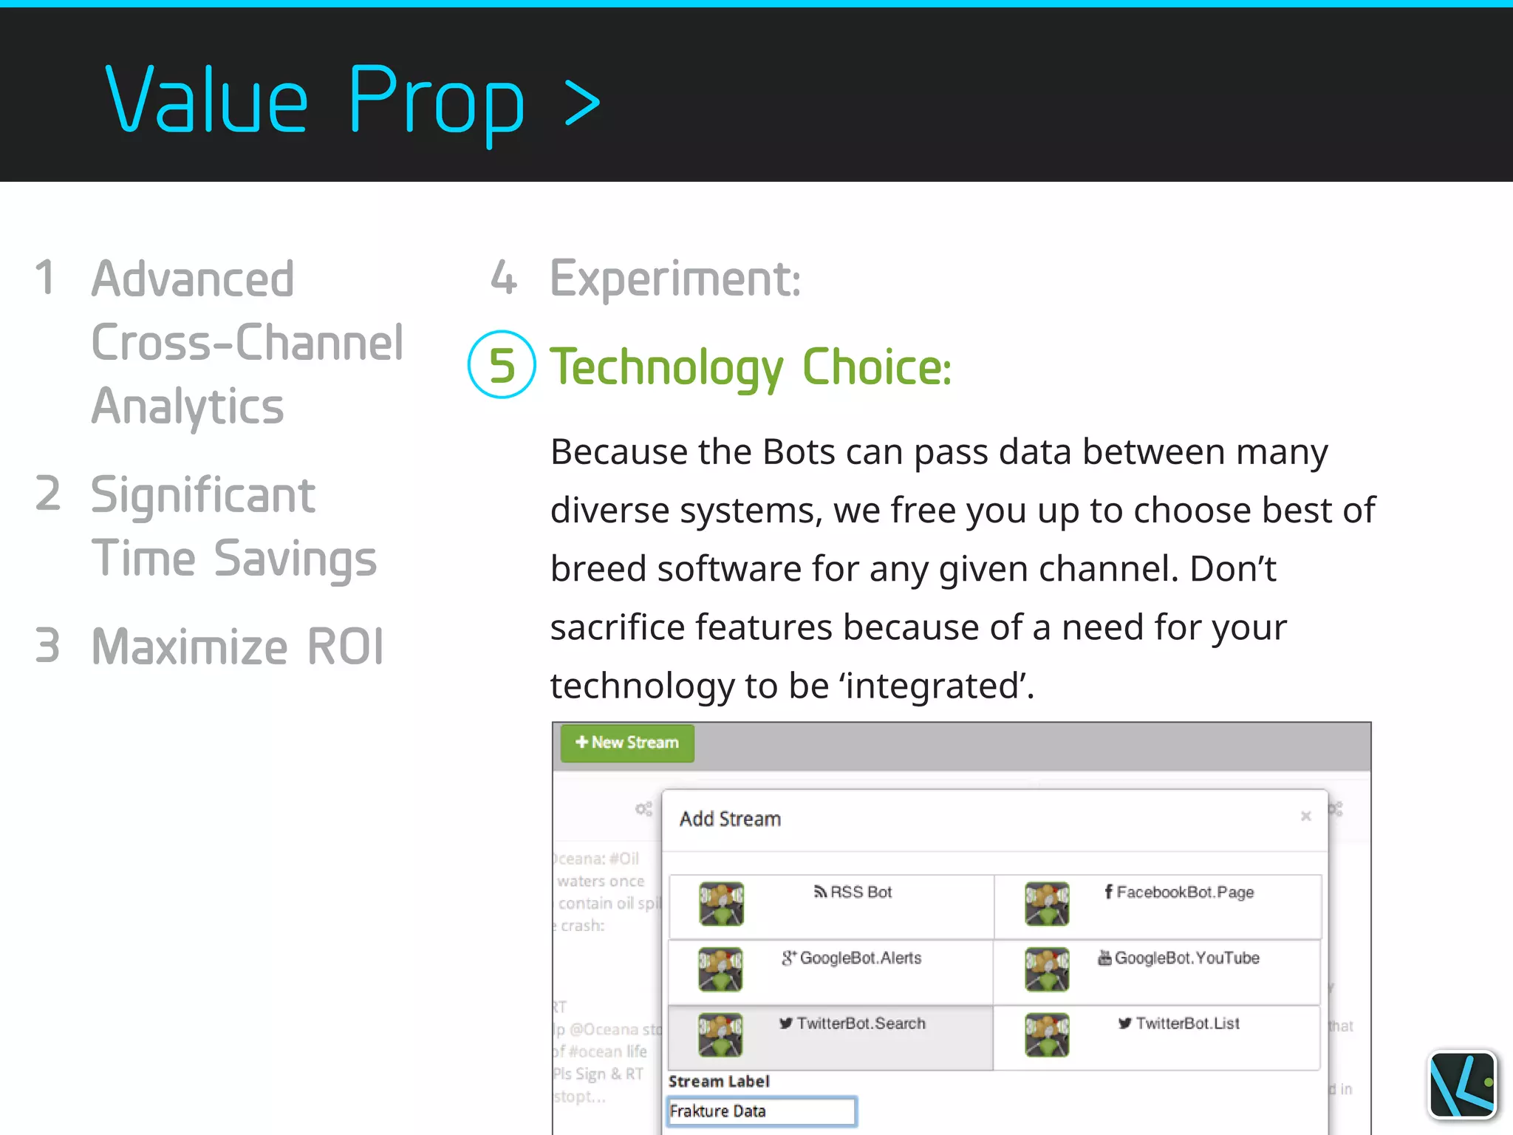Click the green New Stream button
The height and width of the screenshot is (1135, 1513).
tap(627, 743)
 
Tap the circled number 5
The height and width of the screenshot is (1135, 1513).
tap(502, 365)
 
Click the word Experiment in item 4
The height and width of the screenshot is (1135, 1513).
tap(674, 279)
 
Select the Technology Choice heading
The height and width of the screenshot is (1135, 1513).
tap(751, 367)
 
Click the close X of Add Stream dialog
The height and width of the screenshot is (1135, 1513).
tap(1305, 817)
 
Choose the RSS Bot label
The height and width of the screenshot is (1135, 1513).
tap(853, 893)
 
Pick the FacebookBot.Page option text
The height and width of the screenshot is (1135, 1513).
tap(1180, 893)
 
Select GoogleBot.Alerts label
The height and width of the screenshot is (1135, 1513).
tap(853, 958)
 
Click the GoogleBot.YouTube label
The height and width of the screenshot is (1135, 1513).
tap(1179, 958)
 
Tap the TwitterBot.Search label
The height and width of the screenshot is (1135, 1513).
tap(853, 1023)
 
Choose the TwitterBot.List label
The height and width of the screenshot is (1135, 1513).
tap(1180, 1023)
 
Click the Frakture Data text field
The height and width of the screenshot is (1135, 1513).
tap(761, 1111)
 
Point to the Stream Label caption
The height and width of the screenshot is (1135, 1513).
tap(719, 1081)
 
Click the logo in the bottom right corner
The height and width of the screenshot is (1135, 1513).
tap(1462, 1085)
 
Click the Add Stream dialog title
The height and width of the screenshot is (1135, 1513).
tap(730, 819)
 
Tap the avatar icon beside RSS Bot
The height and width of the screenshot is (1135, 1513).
tap(721, 904)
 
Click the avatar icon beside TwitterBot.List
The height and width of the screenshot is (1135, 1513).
tap(1047, 1035)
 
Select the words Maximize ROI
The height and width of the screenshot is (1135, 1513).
tap(237, 647)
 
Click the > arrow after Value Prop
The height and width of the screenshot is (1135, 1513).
tap(582, 103)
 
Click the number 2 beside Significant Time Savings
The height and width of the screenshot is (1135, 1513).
tap(48, 494)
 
